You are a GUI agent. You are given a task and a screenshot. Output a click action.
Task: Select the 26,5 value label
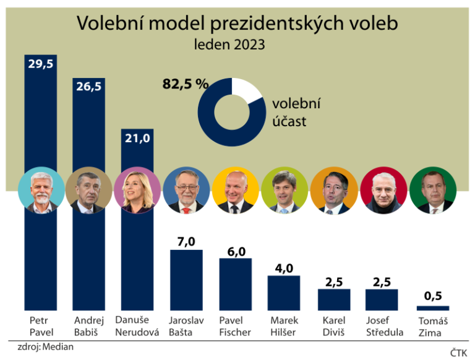tap(88, 86)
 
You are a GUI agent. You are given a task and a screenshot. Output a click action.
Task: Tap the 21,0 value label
tap(137, 138)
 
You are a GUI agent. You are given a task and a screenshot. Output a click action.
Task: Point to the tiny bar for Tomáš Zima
tap(432, 307)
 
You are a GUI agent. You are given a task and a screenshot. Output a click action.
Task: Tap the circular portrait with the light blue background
tap(40, 191)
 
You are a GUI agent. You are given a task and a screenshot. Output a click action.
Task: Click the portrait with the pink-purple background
tap(137, 191)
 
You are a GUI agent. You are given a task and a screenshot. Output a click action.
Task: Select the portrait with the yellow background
tap(235, 191)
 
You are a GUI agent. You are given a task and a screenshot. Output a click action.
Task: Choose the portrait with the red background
tap(383, 191)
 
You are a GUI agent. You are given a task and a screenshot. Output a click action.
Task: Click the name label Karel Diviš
tap(334, 326)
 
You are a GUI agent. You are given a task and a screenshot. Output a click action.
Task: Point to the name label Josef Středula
tap(383, 326)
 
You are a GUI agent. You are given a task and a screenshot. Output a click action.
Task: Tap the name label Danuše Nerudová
tap(137, 326)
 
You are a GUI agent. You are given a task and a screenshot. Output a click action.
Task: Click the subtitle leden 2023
tap(237, 45)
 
